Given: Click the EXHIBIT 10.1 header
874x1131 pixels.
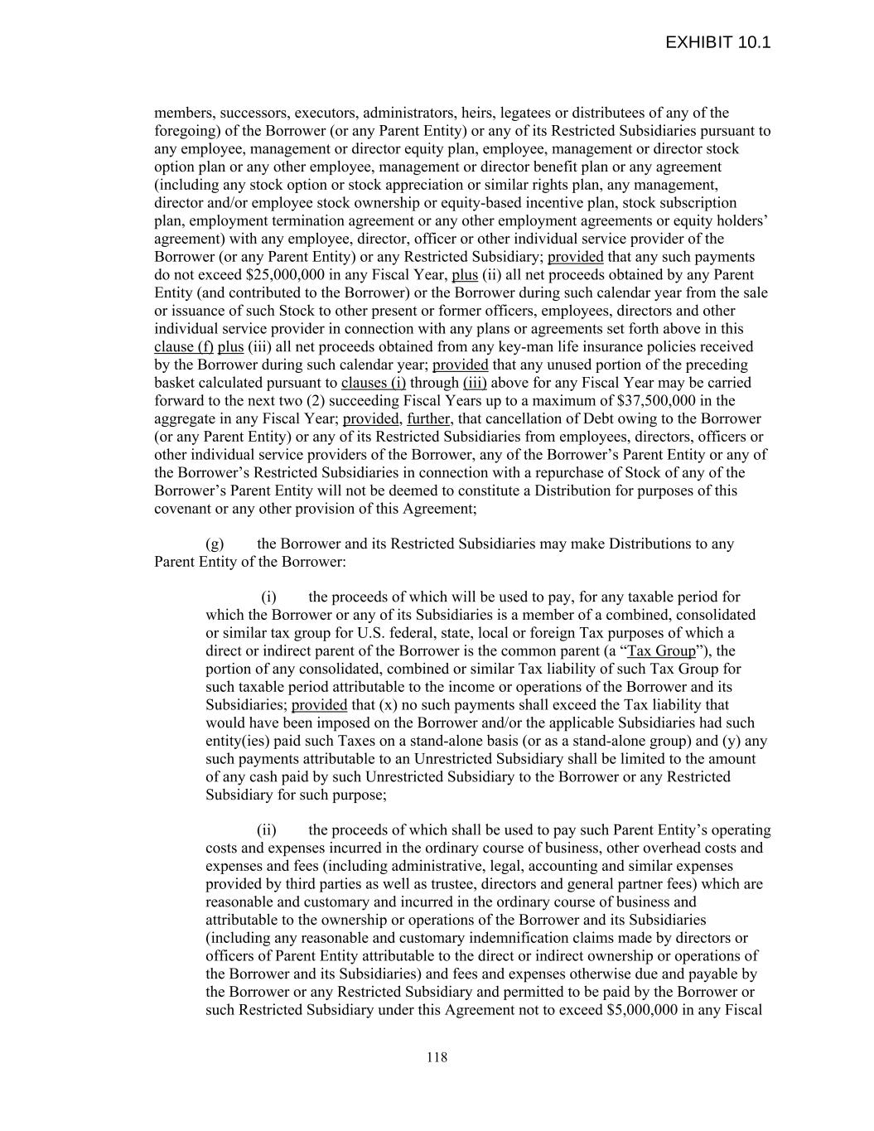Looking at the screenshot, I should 717,42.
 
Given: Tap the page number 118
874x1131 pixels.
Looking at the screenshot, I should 437,1057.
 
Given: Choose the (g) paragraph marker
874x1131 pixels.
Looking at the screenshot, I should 215,544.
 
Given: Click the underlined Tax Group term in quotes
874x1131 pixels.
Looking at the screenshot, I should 661,651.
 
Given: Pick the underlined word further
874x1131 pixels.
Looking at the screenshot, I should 428,419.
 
